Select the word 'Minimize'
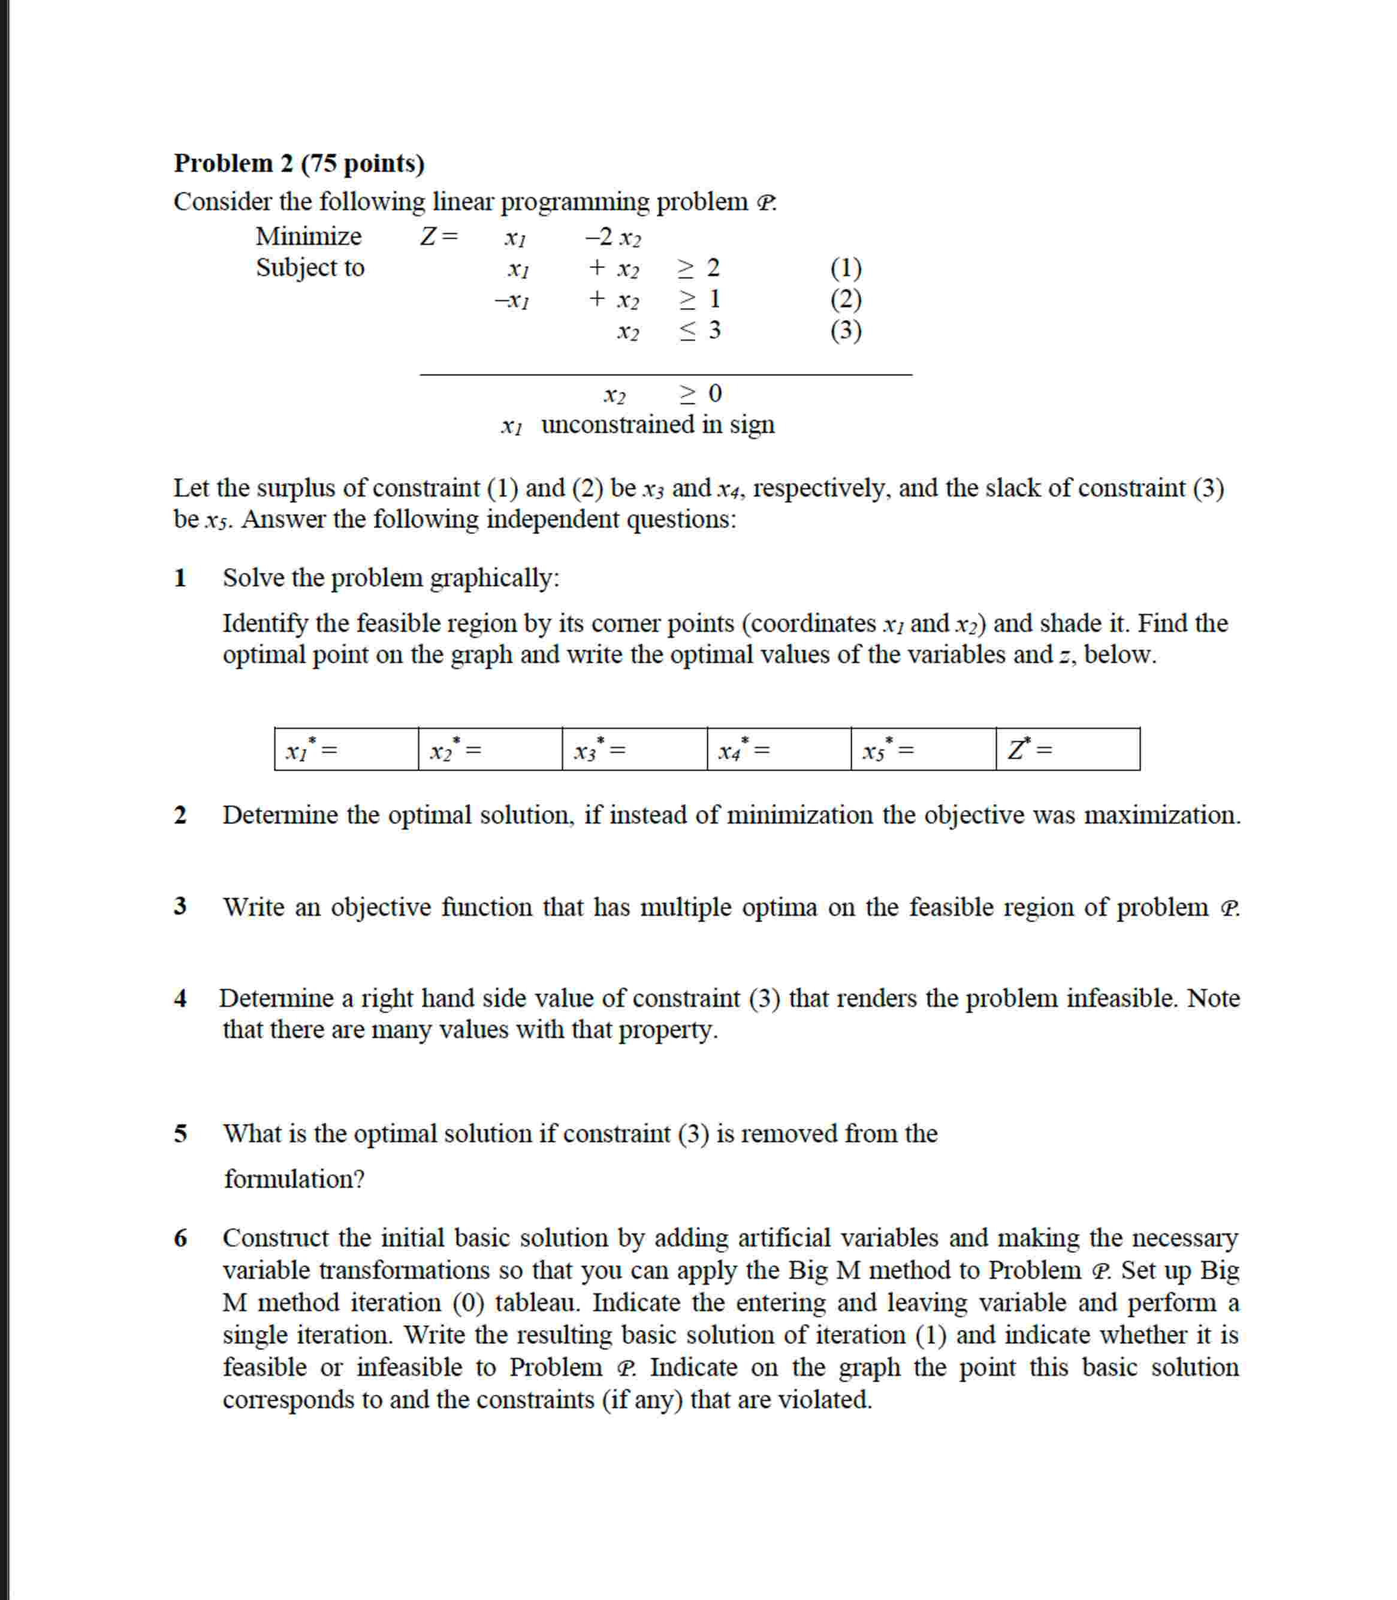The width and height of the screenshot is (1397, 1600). click(308, 236)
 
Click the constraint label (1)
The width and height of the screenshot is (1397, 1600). click(845, 268)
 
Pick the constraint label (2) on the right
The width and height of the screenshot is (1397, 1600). click(845, 300)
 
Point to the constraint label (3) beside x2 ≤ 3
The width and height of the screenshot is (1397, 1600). click(845, 331)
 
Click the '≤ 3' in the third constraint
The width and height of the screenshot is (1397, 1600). click(699, 331)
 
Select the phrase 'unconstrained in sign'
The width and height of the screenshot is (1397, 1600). click(657, 425)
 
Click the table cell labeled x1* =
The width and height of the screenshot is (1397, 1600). click(346, 750)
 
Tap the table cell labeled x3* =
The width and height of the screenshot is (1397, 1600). click(634, 750)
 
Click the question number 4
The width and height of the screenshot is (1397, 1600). click(180, 999)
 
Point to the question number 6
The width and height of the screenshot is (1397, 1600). click(180, 1238)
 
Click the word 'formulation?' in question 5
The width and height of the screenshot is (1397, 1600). click(294, 1179)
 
